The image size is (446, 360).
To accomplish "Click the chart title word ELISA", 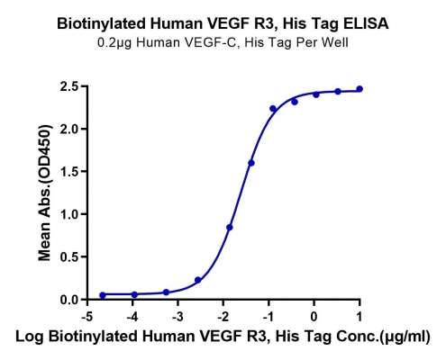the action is point(366,23).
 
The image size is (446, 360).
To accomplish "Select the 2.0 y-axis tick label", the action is point(69,129).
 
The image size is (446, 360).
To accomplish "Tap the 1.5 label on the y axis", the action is point(69,172).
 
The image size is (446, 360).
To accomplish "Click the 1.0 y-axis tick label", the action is point(69,214).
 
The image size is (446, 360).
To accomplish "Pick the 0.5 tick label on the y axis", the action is point(69,256).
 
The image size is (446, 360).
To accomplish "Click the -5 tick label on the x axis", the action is point(87,316).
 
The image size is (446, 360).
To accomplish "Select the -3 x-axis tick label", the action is point(177,316).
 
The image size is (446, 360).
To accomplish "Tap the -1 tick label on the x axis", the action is point(269,316).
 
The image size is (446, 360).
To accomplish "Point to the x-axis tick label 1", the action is point(360,316).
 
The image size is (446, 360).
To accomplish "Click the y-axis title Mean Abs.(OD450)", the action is point(44,193).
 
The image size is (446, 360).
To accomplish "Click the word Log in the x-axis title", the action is point(29,337).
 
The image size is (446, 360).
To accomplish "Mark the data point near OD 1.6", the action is point(251,163).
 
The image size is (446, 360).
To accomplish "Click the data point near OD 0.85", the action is point(230,228).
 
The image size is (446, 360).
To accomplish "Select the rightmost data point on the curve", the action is point(360,89).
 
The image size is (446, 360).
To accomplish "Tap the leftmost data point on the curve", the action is point(103,295).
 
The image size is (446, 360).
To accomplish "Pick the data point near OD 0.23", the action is point(197,280).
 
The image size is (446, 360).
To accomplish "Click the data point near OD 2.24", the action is point(273,109).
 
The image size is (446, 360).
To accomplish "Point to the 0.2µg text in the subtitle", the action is point(114,43).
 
